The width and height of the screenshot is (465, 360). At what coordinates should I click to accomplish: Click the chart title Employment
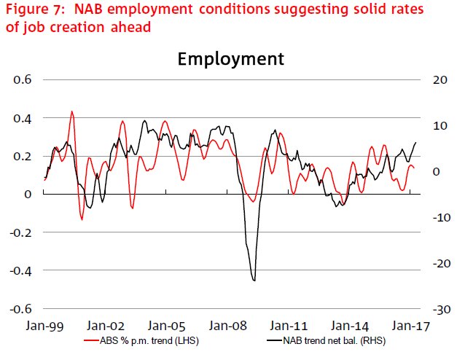[231, 59]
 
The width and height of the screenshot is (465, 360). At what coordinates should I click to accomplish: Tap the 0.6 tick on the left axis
[23, 79]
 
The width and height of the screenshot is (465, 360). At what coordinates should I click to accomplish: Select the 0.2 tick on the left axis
[23, 156]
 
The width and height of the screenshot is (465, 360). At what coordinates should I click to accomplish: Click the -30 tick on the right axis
[442, 309]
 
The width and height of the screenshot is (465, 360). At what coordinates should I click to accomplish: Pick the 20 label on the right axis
[442, 79]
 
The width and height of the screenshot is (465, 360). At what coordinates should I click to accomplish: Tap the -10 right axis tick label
[442, 217]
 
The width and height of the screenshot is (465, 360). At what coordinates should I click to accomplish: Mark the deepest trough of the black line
[254, 280]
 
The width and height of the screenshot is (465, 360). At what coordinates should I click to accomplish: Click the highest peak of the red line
[71, 111]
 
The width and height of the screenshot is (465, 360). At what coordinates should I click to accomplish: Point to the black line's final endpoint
[416, 142]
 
